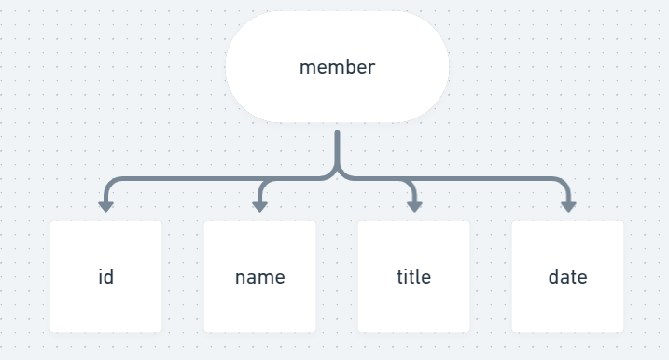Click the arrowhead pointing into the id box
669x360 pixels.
tap(105, 206)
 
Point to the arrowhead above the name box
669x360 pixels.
tap(259, 206)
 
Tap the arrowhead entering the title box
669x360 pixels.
tap(413, 206)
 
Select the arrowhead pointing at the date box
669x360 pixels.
tap(567, 206)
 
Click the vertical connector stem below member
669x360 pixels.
tap(337, 149)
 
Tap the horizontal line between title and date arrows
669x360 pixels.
tap(490, 178)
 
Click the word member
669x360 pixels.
tap(337, 67)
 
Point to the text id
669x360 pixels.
tap(105, 277)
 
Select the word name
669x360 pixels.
tap(259, 277)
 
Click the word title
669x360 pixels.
tap(413, 277)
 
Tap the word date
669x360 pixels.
tap(567, 277)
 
